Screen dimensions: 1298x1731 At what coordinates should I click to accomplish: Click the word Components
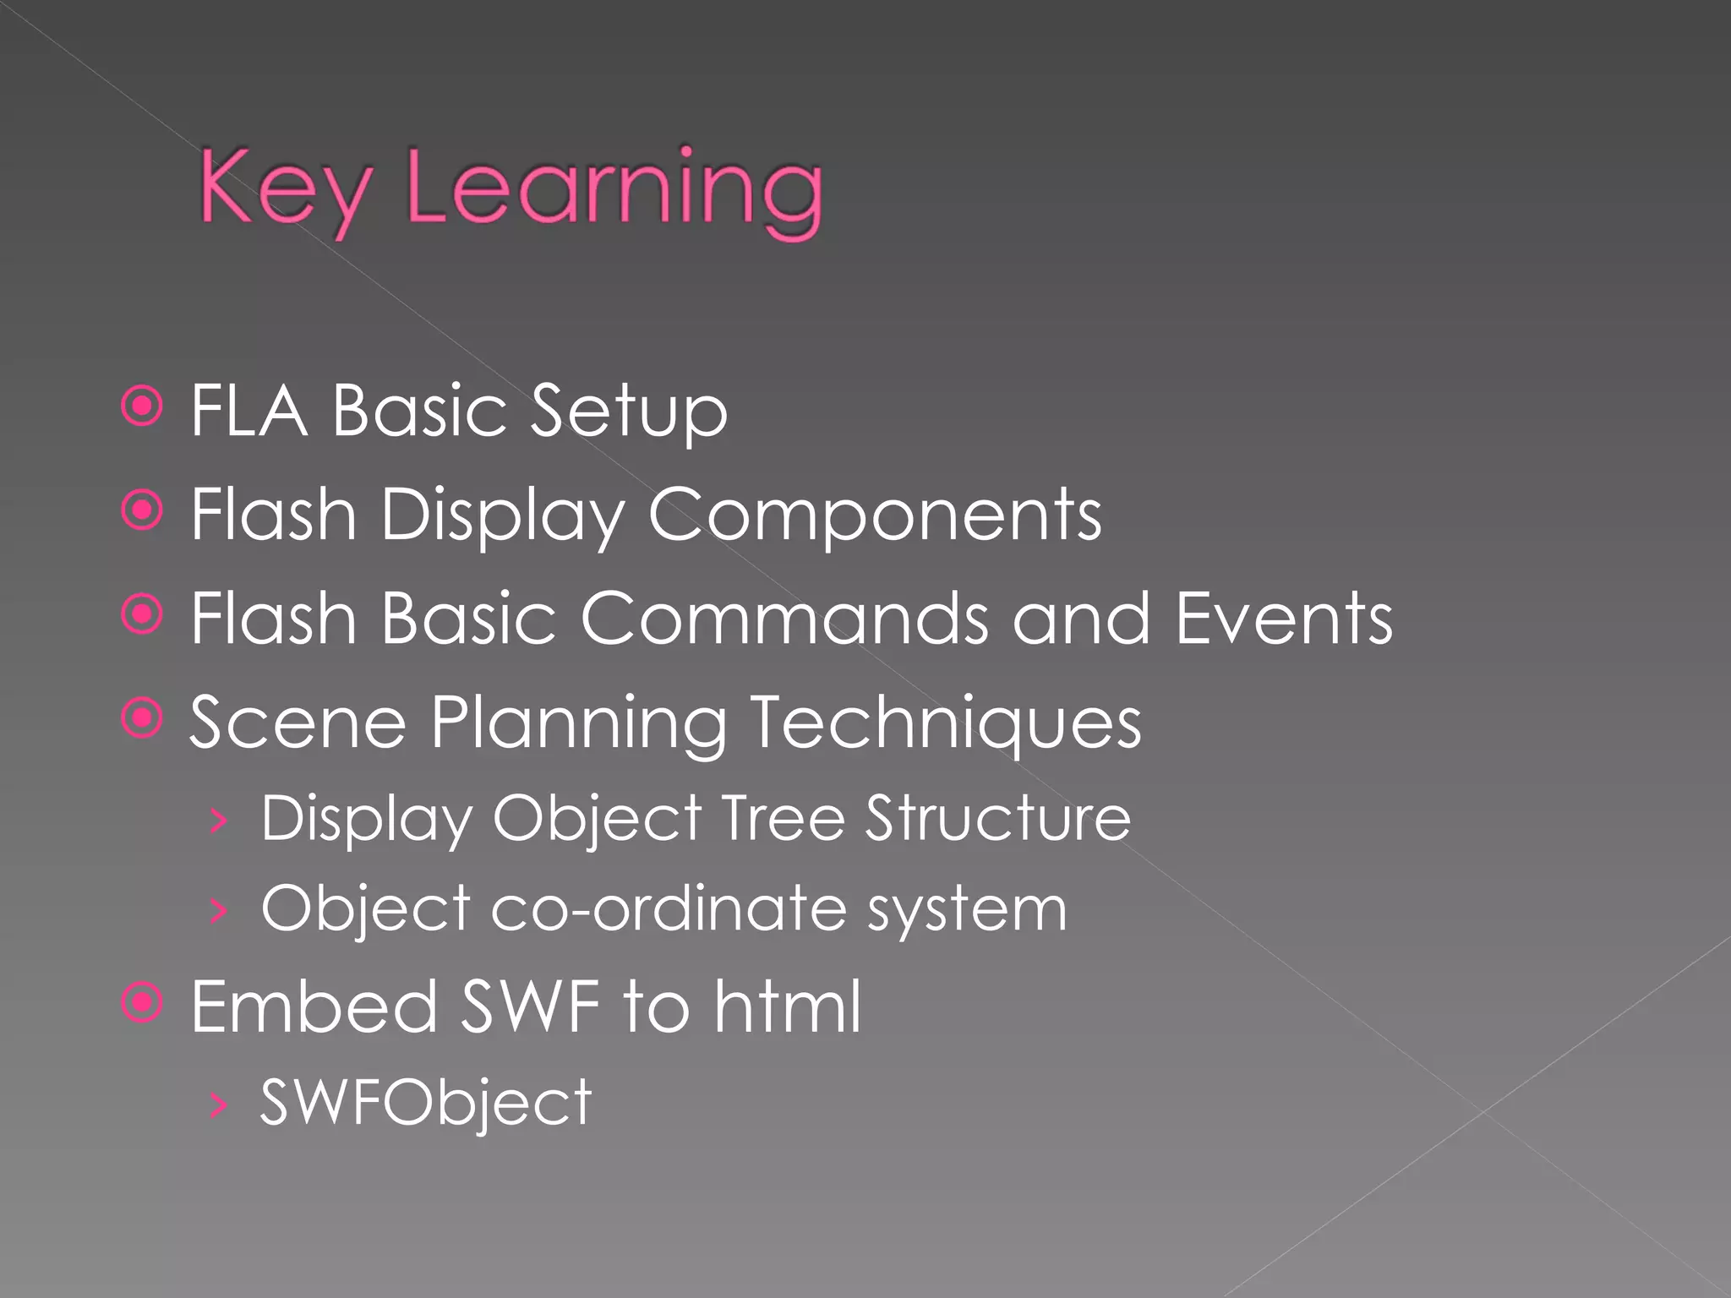tap(874, 515)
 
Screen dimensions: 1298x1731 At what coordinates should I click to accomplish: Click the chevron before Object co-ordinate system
tap(218, 910)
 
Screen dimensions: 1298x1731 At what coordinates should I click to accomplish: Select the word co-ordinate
tap(668, 909)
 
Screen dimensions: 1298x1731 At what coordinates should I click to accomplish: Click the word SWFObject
tap(426, 1103)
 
